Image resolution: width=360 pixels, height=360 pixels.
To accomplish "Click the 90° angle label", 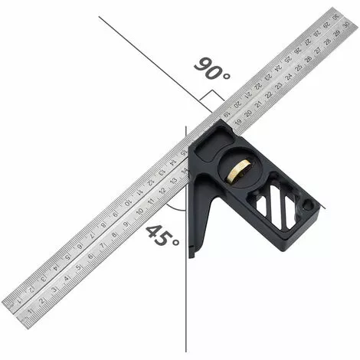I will click(x=211, y=70).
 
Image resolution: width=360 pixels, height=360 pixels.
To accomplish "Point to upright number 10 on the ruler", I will click(x=139, y=209).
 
